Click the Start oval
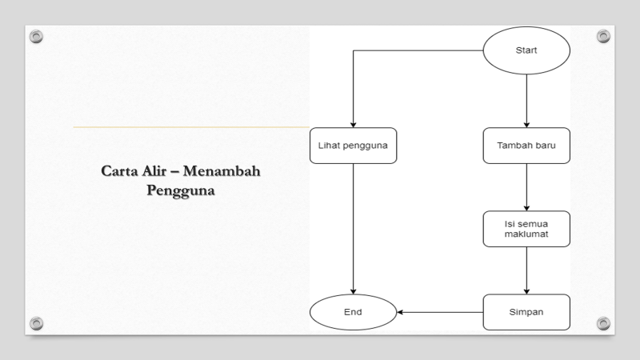(x=526, y=50)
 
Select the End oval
(x=353, y=312)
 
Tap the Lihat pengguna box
(x=353, y=146)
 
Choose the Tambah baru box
(x=526, y=146)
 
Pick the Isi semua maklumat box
(x=526, y=229)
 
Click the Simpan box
(x=526, y=312)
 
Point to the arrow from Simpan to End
(x=440, y=312)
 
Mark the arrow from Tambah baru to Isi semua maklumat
(x=526, y=186)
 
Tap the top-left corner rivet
(x=35, y=37)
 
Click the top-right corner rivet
(x=603, y=37)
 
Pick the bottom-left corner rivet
(x=35, y=322)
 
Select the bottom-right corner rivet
(x=603, y=322)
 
